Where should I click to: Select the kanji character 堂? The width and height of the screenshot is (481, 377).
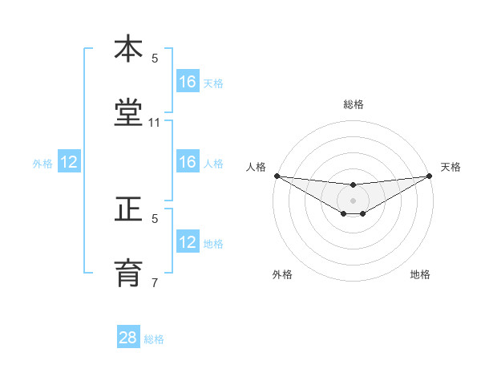pyautogui.click(x=128, y=113)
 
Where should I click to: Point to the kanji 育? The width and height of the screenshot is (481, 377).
pyautogui.click(x=128, y=273)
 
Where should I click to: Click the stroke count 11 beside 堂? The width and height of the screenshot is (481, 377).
pyautogui.click(x=155, y=123)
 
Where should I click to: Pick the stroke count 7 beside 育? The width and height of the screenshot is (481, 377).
pyautogui.click(x=155, y=282)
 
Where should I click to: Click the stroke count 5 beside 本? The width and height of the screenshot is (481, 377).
pyautogui.click(x=155, y=58)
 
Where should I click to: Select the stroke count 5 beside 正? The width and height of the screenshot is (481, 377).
pyautogui.click(x=155, y=217)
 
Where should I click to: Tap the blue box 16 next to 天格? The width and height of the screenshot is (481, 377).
pyautogui.click(x=188, y=82)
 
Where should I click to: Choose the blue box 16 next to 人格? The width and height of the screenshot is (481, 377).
pyautogui.click(x=188, y=162)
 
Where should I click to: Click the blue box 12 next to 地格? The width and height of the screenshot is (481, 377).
pyautogui.click(x=188, y=242)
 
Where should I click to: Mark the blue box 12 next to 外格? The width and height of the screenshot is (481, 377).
pyautogui.click(x=69, y=162)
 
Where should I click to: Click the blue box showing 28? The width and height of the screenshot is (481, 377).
pyautogui.click(x=128, y=338)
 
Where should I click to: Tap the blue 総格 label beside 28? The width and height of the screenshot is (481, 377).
pyautogui.click(x=154, y=339)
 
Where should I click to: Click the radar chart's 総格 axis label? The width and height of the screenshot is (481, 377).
pyautogui.click(x=354, y=104)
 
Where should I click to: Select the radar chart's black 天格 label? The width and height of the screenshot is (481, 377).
pyautogui.click(x=451, y=167)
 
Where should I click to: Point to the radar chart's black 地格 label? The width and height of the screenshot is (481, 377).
pyautogui.click(x=420, y=274)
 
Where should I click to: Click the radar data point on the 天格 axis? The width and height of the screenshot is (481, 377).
pyautogui.click(x=430, y=176)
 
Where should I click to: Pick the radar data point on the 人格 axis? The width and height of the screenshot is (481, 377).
pyautogui.click(x=277, y=176)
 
